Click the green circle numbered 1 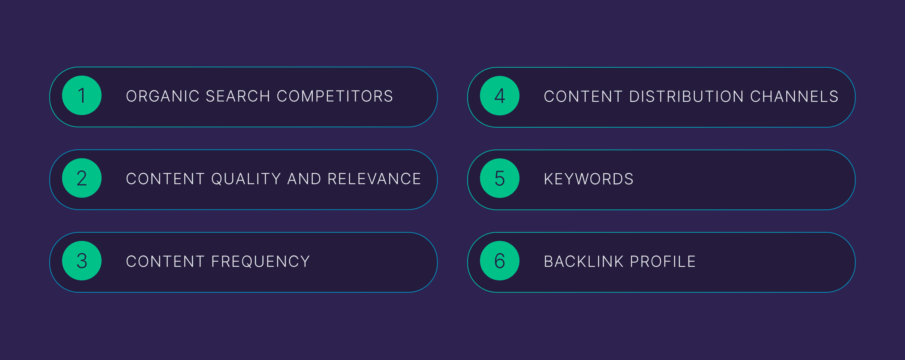[82, 96]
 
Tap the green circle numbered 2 [82, 178]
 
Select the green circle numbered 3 [82, 261]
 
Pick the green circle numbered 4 [500, 96]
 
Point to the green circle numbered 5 [500, 178]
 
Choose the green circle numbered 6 [500, 261]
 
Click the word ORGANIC [163, 96]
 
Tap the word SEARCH [238, 96]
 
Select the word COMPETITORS [335, 96]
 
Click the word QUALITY [246, 179]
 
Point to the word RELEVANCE [374, 179]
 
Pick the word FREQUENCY [261, 262]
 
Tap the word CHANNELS [794, 97]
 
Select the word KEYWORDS [589, 179]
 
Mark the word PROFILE [663, 262]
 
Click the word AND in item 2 [304, 179]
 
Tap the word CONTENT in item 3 [165, 262]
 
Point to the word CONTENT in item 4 [583, 97]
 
